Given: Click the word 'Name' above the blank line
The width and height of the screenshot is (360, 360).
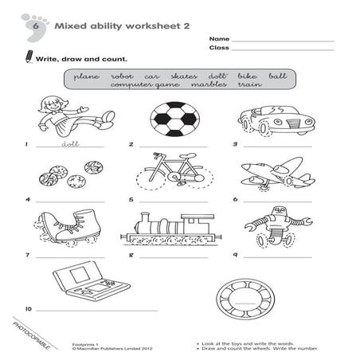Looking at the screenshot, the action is (x=220, y=38).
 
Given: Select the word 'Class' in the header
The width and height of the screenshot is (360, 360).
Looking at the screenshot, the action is (x=219, y=49).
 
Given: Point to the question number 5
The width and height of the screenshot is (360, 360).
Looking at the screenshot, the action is (x=130, y=201).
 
